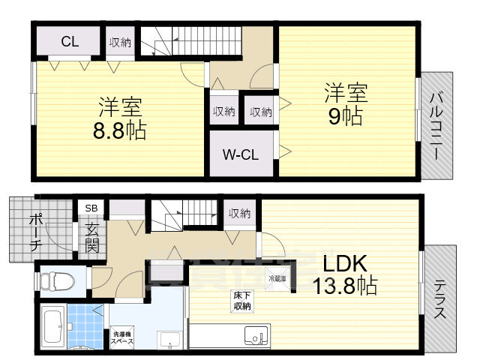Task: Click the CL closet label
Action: [x=70, y=42]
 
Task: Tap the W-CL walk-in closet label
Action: [x=240, y=155]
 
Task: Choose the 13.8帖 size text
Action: [x=344, y=286]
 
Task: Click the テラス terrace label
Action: [x=439, y=299]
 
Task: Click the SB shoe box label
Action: [x=91, y=208]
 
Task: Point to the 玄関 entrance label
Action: [x=91, y=236]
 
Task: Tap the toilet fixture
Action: [x=56, y=282]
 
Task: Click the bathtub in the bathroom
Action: [x=51, y=328]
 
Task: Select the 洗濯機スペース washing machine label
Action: [x=122, y=337]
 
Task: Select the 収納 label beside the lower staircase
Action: [x=240, y=214]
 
